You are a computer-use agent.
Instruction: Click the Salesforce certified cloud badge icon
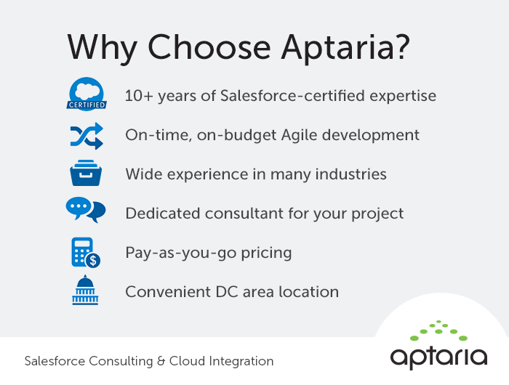pyautogui.click(x=87, y=95)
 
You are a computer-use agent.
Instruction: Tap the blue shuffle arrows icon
pyautogui.click(x=87, y=135)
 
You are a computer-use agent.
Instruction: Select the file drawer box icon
pyautogui.click(x=86, y=174)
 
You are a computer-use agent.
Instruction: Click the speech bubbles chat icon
pyautogui.click(x=86, y=211)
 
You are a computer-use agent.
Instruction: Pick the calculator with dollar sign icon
pyautogui.click(x=86, y=252)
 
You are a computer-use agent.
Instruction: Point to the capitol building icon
pyautogui.click(x=86, y=290)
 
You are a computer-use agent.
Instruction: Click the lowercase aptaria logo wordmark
pyautogui.click(x=438, y=356)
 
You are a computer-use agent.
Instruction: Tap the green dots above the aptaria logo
pyautogui.click(x=438, y=331)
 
